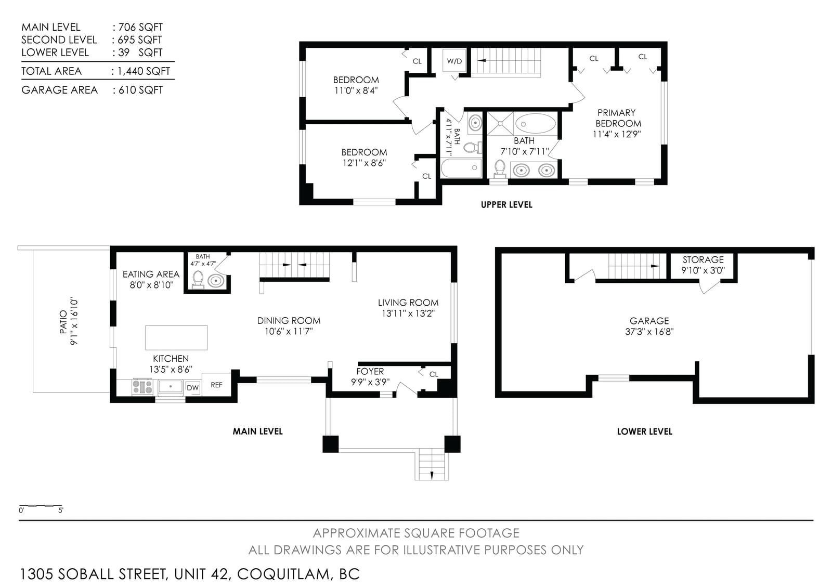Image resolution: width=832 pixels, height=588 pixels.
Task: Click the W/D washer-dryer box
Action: [x=454, y=60]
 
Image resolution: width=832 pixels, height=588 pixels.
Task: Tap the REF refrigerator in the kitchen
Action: [x=216, y=385]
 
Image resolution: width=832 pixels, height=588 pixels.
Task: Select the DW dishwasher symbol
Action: [x=192, y=388]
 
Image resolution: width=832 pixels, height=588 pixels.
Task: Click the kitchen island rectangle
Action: [x=176, y=337]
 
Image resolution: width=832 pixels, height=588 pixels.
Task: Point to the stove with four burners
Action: [x=142, y=387]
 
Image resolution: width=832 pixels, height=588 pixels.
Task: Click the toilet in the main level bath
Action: [x=198, y=280]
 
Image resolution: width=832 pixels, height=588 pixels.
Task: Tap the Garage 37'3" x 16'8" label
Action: [x=649, y=326]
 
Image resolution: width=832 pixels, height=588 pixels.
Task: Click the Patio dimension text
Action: [x=73, y=321]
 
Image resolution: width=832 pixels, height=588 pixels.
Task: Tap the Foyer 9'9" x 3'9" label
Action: [x=370, y=376]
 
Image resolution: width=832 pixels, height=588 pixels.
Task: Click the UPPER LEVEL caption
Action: [x=506, y=205]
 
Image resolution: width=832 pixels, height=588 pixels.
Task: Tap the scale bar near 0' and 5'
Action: [x=41, y=506]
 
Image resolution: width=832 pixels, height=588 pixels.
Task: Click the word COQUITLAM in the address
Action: [x=283, y=574]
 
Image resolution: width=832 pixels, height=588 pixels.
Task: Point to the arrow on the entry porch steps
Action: [x=432, y=474]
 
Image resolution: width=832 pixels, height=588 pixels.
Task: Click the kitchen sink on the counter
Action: [x=171, y=386]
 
